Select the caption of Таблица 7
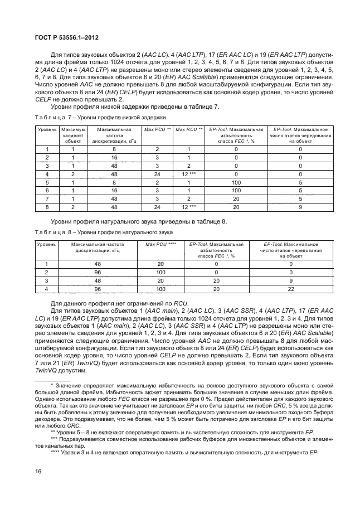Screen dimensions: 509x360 (x=100, y=118)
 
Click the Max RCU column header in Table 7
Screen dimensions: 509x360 (x=189, y=129)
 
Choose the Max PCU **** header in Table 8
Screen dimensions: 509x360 (x=160, y=244)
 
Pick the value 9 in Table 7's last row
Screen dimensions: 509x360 (x=300, y=206)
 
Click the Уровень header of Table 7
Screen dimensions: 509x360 (x=47, y=129)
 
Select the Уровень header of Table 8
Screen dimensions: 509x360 (x=47, y=244)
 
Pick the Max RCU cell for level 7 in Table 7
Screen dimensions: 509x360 (x=189, y=198)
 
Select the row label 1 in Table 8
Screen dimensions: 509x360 (x=47, y=265)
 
